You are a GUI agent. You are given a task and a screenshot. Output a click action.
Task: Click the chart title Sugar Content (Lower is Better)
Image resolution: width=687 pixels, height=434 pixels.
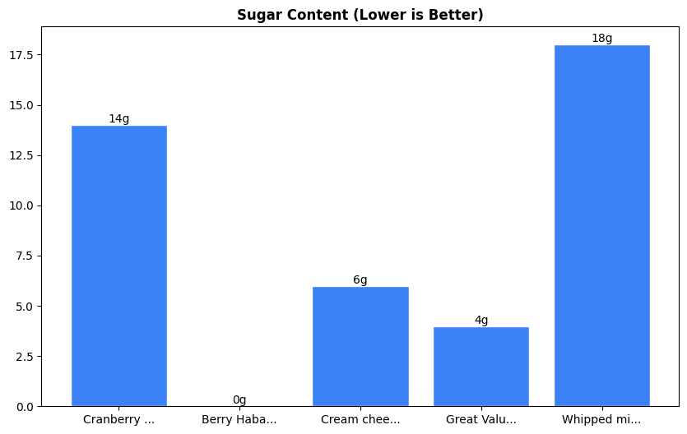point(360,15)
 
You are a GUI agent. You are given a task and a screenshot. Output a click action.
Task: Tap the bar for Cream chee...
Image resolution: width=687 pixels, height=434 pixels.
point(360,346)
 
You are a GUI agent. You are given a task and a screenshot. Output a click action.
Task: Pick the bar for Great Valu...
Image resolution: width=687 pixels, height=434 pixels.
point(481,367)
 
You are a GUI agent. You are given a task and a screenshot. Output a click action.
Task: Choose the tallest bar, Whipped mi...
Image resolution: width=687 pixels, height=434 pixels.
point(601,225)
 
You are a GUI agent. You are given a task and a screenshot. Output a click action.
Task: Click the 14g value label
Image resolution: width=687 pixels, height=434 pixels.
point(119,119)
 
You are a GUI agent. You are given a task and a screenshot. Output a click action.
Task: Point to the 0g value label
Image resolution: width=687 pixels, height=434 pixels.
point(239,400)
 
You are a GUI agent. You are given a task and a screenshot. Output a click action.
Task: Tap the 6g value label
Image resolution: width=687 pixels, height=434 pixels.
point(360,280)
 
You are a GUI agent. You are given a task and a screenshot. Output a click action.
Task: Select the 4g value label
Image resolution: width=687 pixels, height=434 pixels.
point(481,321)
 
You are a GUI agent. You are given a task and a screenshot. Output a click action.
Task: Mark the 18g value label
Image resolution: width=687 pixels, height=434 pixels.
point(601,39)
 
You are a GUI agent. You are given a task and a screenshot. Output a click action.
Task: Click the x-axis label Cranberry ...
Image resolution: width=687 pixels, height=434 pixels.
point(119,420)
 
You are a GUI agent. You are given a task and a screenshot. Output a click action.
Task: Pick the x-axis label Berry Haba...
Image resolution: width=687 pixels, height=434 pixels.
point(239,420)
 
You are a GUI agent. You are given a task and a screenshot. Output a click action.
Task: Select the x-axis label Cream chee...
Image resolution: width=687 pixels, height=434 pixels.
point(360,420)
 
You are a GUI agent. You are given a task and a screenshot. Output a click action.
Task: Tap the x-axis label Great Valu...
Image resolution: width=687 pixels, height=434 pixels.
point(481,420)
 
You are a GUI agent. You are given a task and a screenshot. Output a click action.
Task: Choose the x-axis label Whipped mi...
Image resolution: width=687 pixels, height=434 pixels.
point(601,420)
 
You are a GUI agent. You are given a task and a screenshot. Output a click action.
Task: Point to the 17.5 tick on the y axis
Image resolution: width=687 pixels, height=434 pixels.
point(21,55)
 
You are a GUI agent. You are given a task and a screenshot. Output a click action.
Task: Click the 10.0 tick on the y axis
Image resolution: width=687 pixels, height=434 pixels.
point(21,205)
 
